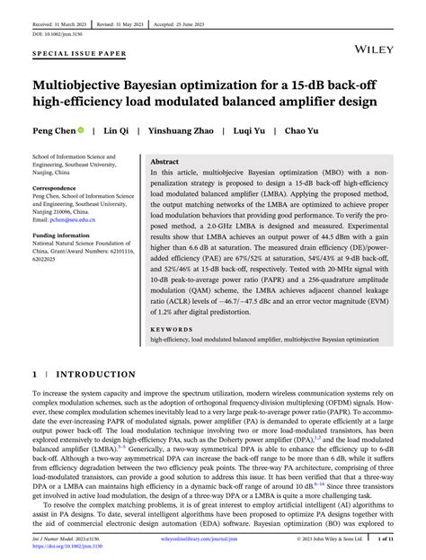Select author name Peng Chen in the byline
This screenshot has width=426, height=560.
[53, 130]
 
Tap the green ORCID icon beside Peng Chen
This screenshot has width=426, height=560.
[81, 130]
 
